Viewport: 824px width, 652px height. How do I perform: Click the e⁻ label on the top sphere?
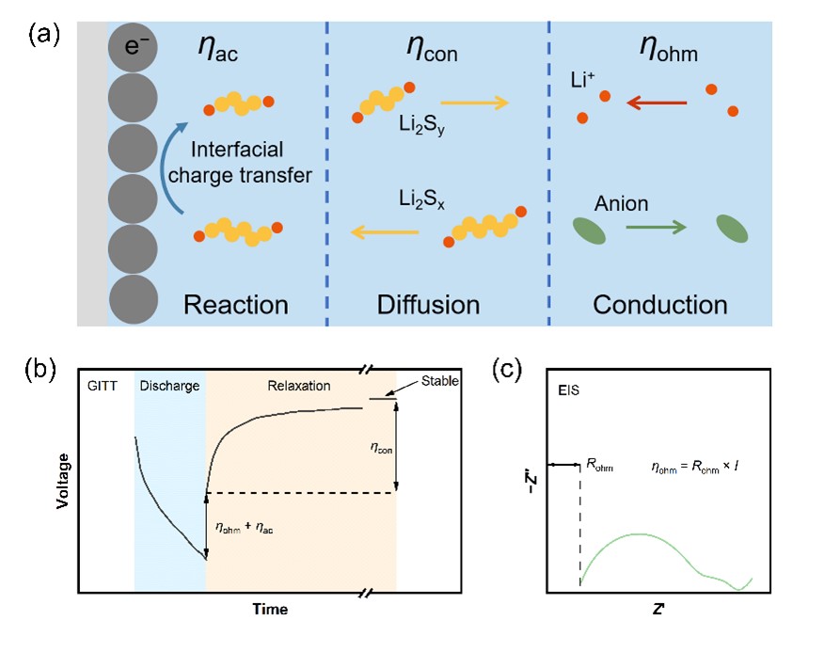click(x=137, y=44)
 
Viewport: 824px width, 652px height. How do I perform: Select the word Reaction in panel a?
click(x=236, y=305)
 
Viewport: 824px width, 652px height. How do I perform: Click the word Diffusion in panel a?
click(x=428, y=305)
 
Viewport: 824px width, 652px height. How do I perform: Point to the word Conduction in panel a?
click(x=659, y=305)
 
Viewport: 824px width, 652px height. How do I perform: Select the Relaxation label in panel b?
click(x=300, y=386)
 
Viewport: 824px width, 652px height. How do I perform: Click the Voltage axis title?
click(x=63, y=479)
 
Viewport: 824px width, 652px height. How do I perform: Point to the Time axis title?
click(x=270, y=609)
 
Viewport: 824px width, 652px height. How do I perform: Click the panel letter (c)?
click(x=510, y=370)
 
